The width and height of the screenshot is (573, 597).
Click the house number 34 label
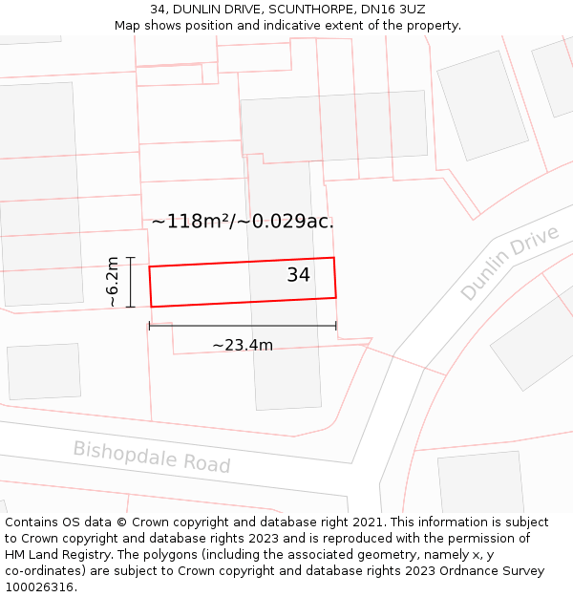point(298,275)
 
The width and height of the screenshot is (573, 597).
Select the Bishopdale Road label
point(152,457)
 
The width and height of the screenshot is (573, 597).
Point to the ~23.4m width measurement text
point(243,345)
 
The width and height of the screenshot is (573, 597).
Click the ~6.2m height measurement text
point(113,282)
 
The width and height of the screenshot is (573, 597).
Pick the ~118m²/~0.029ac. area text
point(243,222)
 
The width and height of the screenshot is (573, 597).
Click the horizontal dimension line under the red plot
point(243,326)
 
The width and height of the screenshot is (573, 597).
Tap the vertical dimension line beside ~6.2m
point(131,282)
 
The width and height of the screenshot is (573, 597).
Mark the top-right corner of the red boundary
point(333,258)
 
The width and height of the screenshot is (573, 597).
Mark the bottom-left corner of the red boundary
point(151,307)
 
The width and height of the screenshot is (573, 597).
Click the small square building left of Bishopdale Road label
point(44,371)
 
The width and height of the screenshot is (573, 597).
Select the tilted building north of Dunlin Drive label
point(482,105)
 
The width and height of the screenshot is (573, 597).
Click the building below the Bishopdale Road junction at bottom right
point(481,484)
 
